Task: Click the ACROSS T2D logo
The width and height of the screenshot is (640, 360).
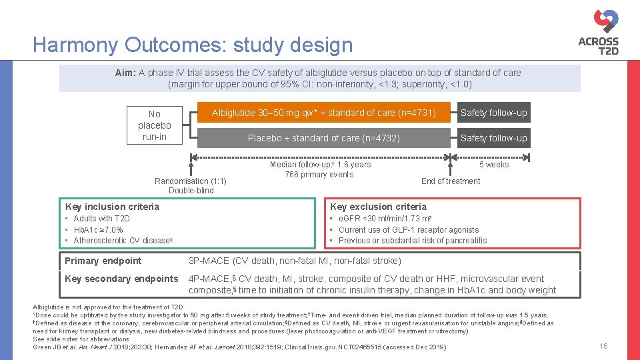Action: [x=598, y=33]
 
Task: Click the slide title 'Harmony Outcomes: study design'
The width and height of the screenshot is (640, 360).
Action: [x=193, y=45]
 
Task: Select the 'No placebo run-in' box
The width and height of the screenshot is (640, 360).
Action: [x=154, y=125]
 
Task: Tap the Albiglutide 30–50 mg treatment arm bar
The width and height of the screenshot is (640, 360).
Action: [x=323, y=113]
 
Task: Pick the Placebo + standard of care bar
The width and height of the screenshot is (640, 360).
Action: [x=323, y=138]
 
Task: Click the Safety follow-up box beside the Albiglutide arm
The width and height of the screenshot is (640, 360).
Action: [x=493, y=113]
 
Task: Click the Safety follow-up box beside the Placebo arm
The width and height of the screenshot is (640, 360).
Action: [x=493, y=138]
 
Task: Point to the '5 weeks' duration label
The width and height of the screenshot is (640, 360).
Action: [x=494, y=165]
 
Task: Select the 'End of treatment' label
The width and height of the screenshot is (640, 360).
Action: [x=451, y=181]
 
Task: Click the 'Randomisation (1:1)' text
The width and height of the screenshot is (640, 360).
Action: [x=191, y=181]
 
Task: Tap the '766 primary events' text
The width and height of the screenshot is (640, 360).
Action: [x=319, y=175]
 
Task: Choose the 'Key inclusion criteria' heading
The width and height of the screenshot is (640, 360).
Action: [x=112, y=207]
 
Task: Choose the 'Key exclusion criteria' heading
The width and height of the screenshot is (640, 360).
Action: [x=378, y=207]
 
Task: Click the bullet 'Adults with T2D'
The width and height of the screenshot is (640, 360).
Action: [x=101, y=219]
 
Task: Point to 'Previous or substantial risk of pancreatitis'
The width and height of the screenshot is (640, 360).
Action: [x=413, y=241]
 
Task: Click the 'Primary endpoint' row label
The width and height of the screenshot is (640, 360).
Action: [x=103, y=261]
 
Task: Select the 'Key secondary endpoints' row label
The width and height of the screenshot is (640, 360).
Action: [x=121, y=279]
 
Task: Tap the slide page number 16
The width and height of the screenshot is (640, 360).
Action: [x=603, y=346]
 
